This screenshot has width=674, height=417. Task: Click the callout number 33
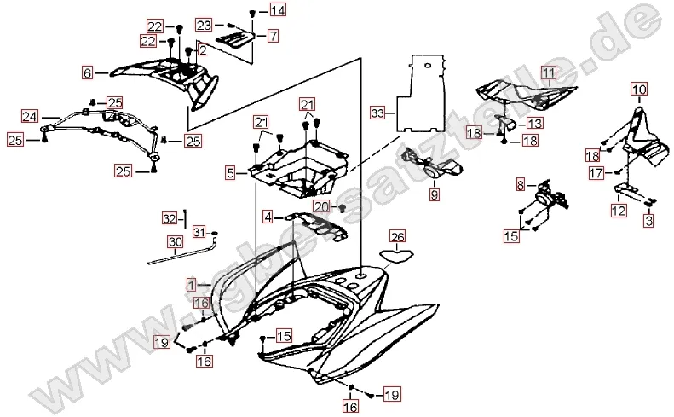(377, 112)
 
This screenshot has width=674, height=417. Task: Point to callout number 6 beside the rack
(87, 73)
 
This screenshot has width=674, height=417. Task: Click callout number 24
(30, 116)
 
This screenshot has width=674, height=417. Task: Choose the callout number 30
(174, 242)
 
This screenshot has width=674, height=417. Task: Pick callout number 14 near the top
(278, 11)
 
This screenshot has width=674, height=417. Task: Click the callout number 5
(230, 173)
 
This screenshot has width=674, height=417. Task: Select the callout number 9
(434, 195)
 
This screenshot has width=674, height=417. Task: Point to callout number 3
(648, 221)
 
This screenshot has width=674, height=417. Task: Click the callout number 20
(320, 206)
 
